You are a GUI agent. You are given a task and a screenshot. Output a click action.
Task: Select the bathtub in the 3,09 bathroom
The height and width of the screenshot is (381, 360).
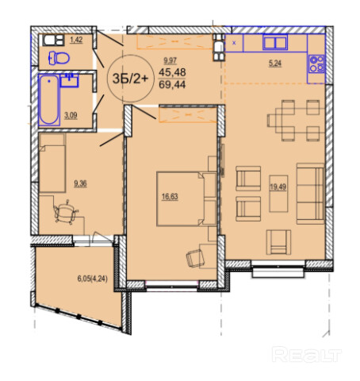(x=49, y=99)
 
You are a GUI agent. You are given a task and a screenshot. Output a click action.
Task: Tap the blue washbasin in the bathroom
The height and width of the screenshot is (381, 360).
(x=70, y=80)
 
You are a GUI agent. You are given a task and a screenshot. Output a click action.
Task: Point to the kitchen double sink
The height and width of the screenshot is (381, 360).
(x=275, y=43)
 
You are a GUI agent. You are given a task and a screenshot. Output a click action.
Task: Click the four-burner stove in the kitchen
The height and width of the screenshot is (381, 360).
(x=317, y=63)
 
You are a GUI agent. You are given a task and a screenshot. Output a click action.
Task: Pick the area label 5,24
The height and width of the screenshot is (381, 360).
(x=275, y=63)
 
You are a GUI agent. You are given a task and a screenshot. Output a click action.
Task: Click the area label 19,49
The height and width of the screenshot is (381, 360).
(x=278, y=187)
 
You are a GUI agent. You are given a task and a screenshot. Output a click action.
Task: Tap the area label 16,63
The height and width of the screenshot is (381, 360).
(x=170, y=197)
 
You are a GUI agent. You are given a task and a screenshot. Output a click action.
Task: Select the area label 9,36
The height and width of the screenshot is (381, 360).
(x=80, y=183)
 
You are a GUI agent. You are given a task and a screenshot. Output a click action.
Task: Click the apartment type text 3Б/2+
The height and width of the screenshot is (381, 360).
(x=131, y=79)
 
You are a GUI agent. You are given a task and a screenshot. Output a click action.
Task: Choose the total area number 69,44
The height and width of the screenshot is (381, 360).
(x=172, y=85)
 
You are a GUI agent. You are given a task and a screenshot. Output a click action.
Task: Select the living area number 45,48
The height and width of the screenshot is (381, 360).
(x=172, y=72)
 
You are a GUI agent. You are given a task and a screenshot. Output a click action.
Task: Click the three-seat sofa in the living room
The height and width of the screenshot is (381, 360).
(x=310, y=194)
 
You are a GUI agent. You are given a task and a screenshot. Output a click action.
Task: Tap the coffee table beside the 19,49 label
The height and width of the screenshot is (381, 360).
(x=278, y=194)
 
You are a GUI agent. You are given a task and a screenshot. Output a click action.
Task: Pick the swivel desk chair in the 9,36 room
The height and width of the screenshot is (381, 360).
(x=65, y=212)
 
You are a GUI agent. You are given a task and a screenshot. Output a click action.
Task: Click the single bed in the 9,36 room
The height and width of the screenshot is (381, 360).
(x=52, y=163)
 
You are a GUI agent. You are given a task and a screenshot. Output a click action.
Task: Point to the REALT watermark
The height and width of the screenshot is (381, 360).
(x=307, y=354)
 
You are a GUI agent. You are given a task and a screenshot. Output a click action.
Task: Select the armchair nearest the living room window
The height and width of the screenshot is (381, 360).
(x=278, y=242)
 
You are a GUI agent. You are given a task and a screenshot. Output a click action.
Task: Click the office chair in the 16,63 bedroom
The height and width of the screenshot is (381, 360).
(x=196, y=258)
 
